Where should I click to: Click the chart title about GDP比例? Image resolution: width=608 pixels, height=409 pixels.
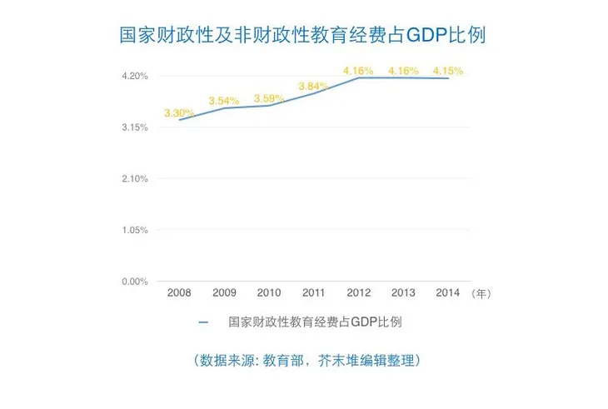(x=303, y=36)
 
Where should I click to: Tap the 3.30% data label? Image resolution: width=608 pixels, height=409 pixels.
(x=179, y=112)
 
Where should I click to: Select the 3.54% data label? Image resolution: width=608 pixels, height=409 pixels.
(x=224, y=101)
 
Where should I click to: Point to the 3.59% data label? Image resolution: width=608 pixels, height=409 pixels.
(x=269, y=98)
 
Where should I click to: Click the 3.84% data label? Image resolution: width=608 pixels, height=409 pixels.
(x=314, y=86)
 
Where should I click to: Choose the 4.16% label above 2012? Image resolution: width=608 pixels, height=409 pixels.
(x=358, y=71)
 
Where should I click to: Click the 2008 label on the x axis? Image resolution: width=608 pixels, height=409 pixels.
(x=179, y=293)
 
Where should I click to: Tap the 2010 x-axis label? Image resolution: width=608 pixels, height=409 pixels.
(x=269, y=293)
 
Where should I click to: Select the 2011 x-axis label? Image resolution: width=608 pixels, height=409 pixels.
(x=314, y=293)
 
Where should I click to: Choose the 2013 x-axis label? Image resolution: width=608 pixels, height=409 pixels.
(x=403, y=293)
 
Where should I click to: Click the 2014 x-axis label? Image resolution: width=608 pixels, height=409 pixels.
(x=448, y=293)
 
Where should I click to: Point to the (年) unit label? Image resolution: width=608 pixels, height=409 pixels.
(x=481, y=294)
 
